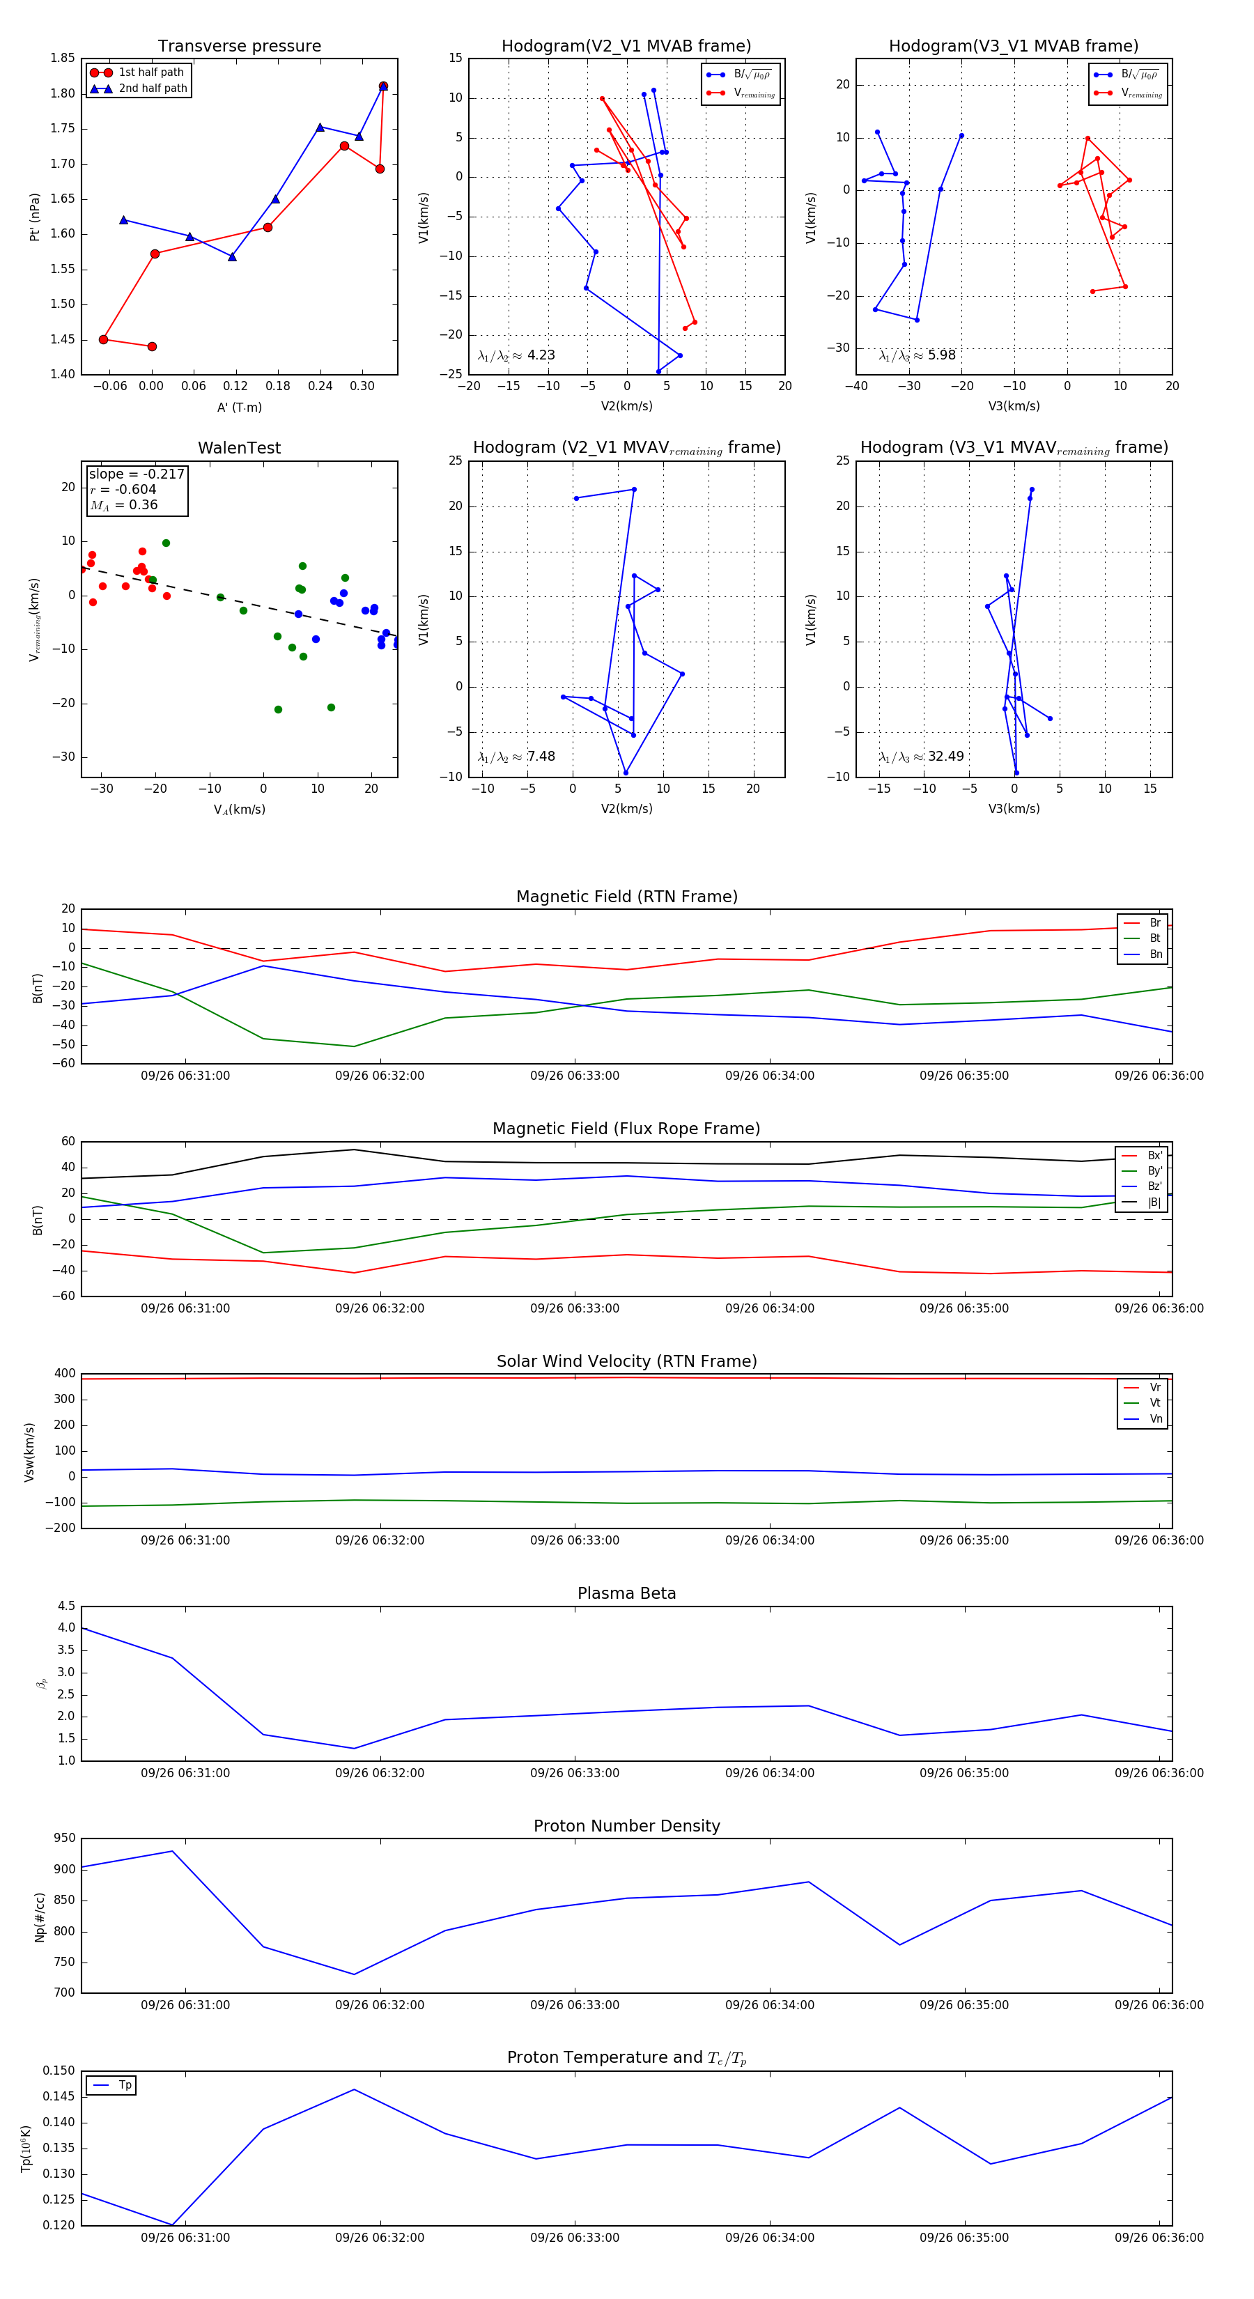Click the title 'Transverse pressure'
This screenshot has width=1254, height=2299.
coord(239,47)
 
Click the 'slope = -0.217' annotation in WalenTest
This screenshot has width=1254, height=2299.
coord(137,474)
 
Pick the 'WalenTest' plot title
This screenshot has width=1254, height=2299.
coord(239,448)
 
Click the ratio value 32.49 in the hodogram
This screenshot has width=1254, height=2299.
coord(945,756)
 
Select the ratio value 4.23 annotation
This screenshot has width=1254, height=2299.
coord(541,355)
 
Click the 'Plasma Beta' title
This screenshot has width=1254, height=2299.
coord(626,1593)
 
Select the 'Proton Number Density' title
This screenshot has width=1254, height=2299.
coord(626,1825)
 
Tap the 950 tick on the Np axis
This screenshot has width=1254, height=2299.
coord(64,1838)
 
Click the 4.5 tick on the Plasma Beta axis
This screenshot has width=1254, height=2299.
coord(66,1606)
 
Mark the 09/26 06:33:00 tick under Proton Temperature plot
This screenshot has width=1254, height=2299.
coord(575,2238)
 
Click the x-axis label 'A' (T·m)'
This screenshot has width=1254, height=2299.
coord(239,407)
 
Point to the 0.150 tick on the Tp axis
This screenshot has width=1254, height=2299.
coord(59,2070)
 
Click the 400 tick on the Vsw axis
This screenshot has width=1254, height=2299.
coord(64,1374)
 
